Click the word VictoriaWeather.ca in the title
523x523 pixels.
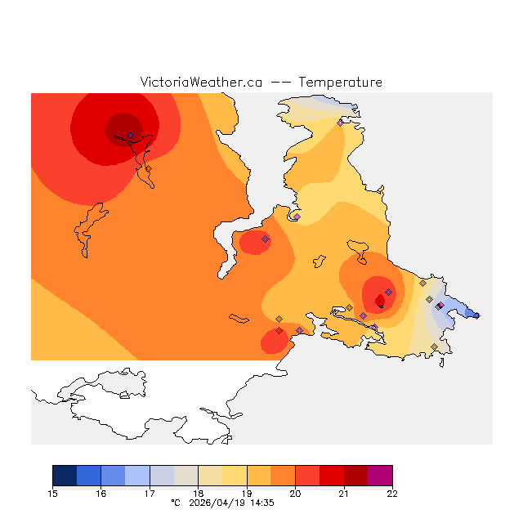pos(201,83)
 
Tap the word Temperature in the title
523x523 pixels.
pos(340,83)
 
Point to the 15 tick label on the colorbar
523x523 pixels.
pos(53,494)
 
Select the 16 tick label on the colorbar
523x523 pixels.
pos(101,494)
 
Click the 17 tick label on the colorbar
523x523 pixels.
pos(150,494)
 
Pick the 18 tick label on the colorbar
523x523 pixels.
pos(199,494)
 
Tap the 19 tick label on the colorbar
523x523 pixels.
pos(247,494)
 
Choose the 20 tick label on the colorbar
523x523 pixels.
pos(295,494)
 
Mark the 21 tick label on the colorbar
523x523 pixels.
pos(343,494)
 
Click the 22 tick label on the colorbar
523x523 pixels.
pos(391,494)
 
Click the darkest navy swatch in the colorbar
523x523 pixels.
pos(65,475)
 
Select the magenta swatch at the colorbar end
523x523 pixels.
pos(380,475)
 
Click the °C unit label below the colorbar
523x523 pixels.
pos(175,503)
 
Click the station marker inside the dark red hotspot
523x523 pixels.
pos(379,301)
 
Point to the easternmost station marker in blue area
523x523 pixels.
pos(477,315)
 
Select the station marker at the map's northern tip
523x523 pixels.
pos(340,123)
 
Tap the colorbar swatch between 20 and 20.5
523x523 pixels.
pos(307,475)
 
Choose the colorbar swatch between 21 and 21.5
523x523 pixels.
pos(355,475)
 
